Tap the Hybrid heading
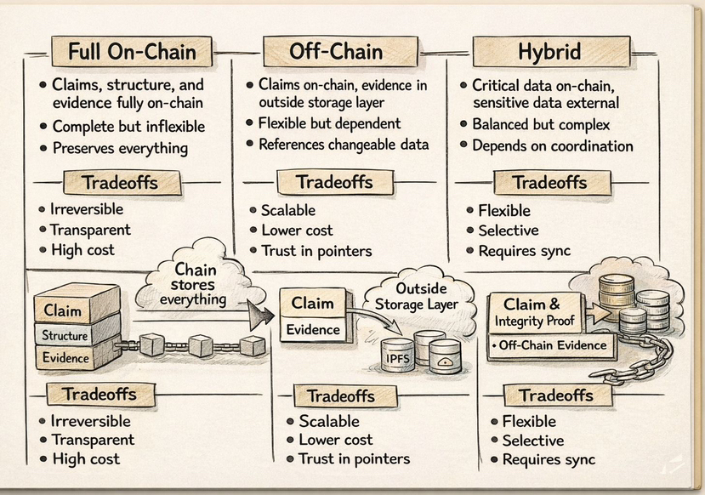[549, 51]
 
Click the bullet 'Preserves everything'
[119, 147]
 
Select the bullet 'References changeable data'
[343, 144]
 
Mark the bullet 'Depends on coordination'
[552, 145]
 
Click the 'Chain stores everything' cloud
[195, 284]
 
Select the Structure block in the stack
[65, 335]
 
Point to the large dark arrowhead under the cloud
[263, 315]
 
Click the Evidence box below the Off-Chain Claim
[312, 330]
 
